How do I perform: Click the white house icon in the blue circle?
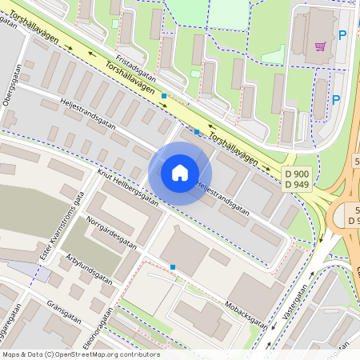(180, 173)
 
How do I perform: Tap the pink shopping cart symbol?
(320, 46)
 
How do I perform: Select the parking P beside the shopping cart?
(342, 35)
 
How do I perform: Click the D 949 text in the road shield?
(297, 185)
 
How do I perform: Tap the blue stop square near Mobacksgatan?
(172, 267)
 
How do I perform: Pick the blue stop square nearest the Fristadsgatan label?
(164, 96)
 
